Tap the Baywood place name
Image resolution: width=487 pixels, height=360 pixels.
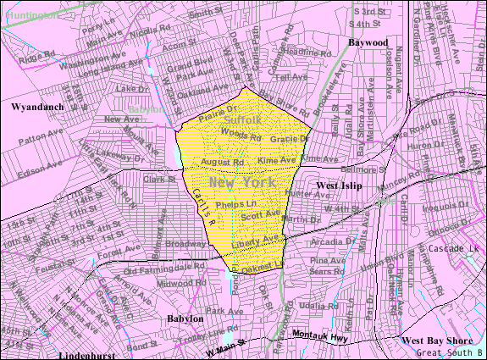tap(368, 42)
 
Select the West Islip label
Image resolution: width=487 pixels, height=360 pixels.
tap(339, 185)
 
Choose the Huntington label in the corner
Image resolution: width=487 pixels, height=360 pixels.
tap(31, 14)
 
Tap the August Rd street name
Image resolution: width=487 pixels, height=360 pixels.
tap(223, 161)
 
